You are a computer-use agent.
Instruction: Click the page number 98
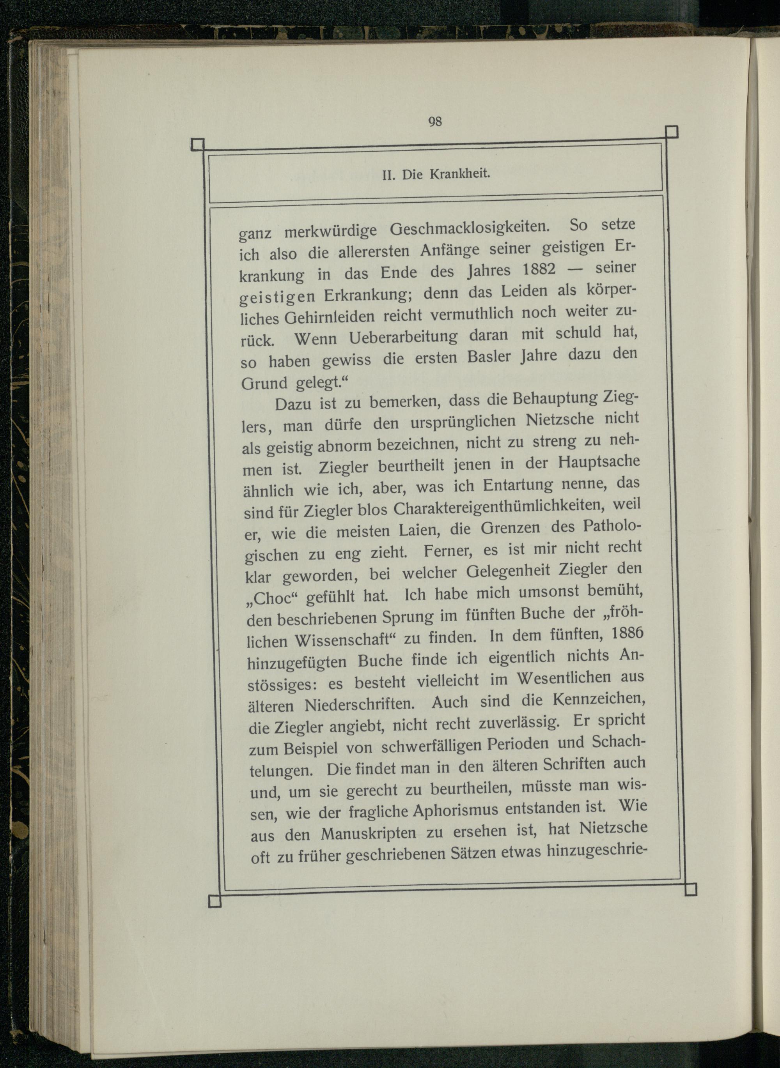click(x=435, y=122)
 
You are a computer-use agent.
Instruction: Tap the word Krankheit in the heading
click(x=460, y=174)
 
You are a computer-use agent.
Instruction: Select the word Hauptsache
click(x=599, y=462)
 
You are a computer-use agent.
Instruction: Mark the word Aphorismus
click(x=456, y=810)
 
